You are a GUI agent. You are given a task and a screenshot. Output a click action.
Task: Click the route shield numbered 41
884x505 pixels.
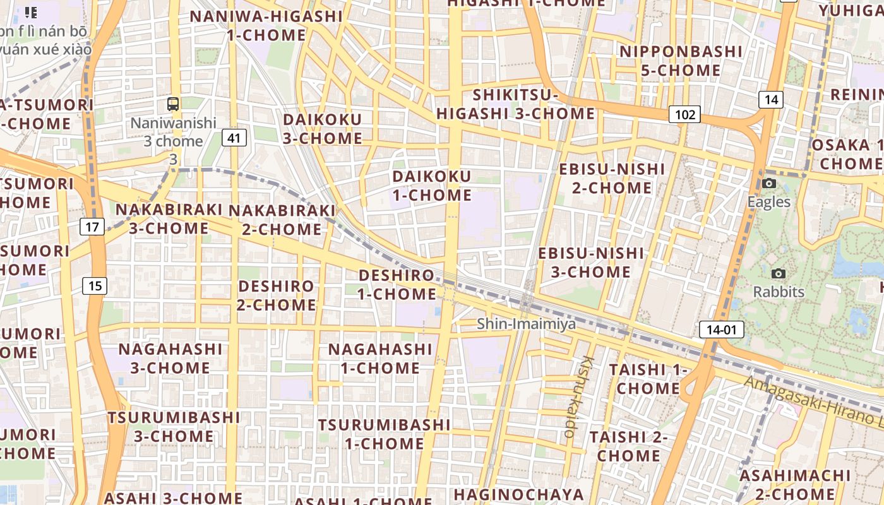click(x=234, y=138)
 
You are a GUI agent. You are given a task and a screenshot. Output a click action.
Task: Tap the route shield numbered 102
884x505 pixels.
click(x=684, y=114)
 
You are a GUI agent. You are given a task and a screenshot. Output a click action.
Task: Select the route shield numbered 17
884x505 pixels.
click(x=92, y=227)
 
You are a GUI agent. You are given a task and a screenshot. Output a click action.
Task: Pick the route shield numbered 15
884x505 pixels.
click(x=95, y=286)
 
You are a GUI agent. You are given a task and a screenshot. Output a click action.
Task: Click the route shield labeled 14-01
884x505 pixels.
click(x=721, y=329)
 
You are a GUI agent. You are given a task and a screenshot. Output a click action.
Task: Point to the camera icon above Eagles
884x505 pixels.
click(x=768, y=184)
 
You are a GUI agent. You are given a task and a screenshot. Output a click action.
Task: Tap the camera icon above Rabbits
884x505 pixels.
click(x=779, y=273)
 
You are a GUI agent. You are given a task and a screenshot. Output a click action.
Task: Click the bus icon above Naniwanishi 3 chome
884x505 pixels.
click(x=173, y=104)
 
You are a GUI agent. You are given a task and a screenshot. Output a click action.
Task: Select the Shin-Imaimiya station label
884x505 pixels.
click(x=526, y=324)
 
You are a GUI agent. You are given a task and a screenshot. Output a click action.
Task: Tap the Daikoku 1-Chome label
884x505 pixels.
click(x=432, y=186)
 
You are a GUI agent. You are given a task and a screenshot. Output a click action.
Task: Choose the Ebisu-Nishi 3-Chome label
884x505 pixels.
click(x=591, y=263)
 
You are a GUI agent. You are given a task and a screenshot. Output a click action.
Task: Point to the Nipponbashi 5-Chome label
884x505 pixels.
click(x=681, y=61)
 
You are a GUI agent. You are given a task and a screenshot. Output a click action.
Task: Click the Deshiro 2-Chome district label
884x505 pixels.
click(x=277, y=295)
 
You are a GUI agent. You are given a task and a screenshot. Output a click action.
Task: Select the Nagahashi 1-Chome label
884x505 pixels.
click(x=380, y=359)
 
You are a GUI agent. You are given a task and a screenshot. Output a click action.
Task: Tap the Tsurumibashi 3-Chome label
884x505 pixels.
click(x=174, y=427)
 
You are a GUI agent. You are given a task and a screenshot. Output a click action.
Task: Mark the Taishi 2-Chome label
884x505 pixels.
click(x=628, y=446)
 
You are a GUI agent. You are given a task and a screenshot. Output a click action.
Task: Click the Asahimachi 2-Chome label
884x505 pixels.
click(x=794, y=484)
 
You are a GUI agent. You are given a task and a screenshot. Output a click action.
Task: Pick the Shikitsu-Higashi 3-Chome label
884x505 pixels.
click(x=515, y=105)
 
